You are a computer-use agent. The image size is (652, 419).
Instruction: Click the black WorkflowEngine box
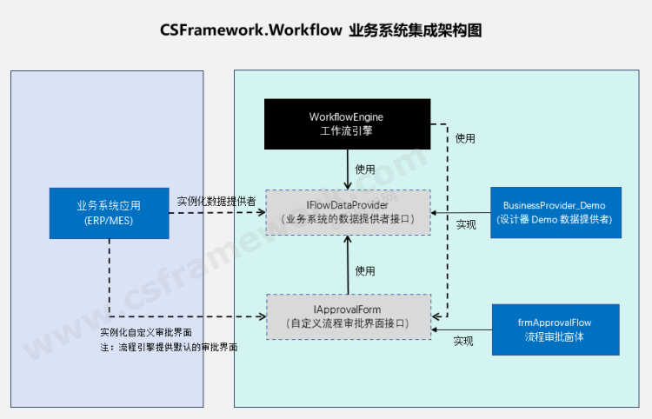pyautogui.click(x=347, y=123)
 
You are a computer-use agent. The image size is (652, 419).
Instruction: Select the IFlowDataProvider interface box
pyautogui.click(x=348, y=211)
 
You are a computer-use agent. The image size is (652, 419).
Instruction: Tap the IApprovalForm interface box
pyautogui.click(x=348, y=316)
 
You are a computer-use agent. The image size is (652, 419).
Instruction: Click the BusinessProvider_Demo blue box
pyautogui.click(x=555, y=212)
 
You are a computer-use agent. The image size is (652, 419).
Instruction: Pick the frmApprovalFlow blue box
pyautogui.click(x=555, y=329)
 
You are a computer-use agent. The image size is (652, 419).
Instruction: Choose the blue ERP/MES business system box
pyautogui.click(x=109, y=212)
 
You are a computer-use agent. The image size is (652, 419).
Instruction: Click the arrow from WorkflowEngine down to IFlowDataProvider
pyautogui.click(x=348, y=169)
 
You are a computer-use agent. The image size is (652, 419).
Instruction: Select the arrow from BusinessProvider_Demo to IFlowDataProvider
pyautogui.click(x=461, y=212)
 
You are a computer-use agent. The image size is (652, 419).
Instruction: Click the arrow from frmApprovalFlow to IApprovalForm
pyautogui.click(x=462, y=329)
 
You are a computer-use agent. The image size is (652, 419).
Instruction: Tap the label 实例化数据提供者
pyautogui.click(x=216, y=201)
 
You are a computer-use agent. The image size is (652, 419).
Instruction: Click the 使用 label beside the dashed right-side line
pyautogui.click(x=466, y=138)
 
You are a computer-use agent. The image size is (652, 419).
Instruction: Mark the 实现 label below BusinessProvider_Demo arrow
pyautogui.click(x=466, y=225)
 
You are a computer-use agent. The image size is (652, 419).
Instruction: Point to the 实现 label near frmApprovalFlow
pyautogui.click(x=464, y=342)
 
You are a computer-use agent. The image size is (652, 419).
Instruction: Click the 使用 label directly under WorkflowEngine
pyautogui.click(x=365, y=169)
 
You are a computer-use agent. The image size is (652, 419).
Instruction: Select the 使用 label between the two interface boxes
pyautogui.click(x=365, y=271)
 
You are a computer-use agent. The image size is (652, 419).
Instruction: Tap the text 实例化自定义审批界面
pyautogui.click(x=146, y=333)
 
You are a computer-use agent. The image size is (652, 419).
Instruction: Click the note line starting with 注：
pyautogui.click(x=170, y=347)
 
